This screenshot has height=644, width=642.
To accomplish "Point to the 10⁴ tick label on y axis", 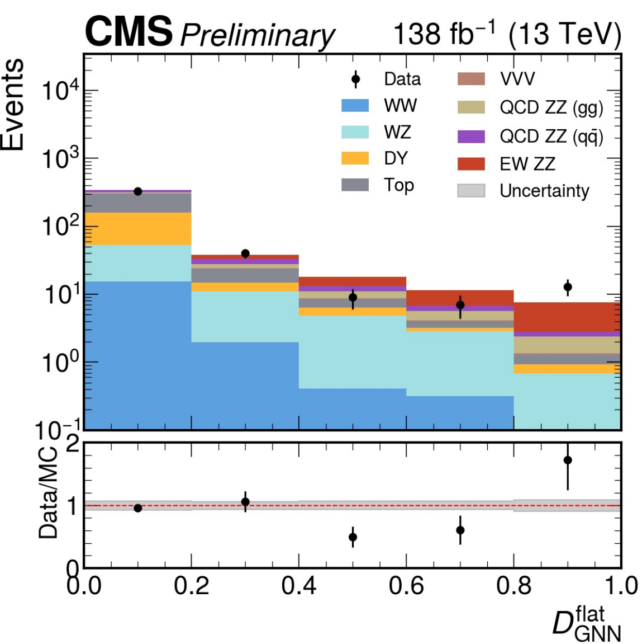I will coord(61,91).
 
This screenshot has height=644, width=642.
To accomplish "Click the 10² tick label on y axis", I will coord(61,227).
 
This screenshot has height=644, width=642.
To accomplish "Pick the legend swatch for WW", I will coord(355,106).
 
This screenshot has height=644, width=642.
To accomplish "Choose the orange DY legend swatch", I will coord(355,158).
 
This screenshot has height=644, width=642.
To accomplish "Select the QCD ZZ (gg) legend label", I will coord(551,107).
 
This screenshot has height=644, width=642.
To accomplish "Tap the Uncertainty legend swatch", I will coord(471,191).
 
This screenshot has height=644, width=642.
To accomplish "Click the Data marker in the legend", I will coord(355,79).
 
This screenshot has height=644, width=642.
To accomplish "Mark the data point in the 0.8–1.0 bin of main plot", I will coord(568,287).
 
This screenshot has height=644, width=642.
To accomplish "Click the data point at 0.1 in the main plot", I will coord(138,191).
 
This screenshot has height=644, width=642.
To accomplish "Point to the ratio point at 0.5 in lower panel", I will coord(353,537).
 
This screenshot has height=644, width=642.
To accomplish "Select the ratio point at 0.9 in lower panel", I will coord(568,460).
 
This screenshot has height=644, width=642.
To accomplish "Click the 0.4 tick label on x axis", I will coord(299,585).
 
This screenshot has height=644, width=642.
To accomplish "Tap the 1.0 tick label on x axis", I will coord(620,585).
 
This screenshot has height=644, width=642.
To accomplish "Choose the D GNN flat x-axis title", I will coord(587,623).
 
